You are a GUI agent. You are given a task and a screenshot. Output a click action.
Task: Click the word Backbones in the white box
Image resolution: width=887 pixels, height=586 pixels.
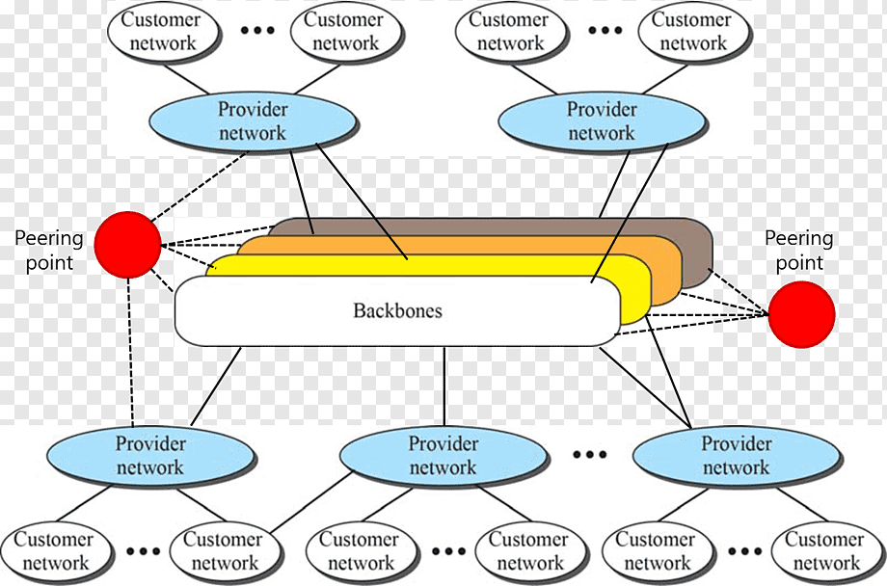click(x=397, y=310)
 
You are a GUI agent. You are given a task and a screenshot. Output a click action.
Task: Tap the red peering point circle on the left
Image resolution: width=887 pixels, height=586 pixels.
click(x=127, y=245)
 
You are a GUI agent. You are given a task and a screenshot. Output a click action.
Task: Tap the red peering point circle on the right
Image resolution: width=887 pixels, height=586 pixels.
click(x=801, y=314)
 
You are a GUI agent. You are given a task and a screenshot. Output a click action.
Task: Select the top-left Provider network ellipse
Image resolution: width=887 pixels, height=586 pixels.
click(x=253, y=121)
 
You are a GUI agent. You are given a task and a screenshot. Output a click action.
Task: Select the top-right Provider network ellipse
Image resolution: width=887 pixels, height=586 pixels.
click(x=602, y=121)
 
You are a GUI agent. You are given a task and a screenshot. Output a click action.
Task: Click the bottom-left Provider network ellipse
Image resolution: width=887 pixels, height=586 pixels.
click(x=150, y=456)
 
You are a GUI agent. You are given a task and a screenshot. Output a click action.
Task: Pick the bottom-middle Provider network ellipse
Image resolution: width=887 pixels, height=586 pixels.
click(x=443, y=456)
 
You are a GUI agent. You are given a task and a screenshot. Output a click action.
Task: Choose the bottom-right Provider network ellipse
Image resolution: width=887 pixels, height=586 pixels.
click(x=736, y=456)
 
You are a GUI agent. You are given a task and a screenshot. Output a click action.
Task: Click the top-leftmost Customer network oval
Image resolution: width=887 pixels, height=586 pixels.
click(x=162, y=32)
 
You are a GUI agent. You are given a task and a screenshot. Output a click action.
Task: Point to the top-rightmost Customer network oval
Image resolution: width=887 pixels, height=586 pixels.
click(x=692, y=32)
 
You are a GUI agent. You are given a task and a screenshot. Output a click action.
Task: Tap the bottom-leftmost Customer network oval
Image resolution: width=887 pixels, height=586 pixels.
click(x=55, y=551)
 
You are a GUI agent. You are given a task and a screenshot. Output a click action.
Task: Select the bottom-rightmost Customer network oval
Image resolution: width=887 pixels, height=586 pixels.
click(x=826, y=551)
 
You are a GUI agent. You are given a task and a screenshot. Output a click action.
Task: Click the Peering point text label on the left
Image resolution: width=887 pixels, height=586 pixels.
click(x=49, y=251)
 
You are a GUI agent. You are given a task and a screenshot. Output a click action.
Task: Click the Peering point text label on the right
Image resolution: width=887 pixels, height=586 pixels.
click(x=798, y=251)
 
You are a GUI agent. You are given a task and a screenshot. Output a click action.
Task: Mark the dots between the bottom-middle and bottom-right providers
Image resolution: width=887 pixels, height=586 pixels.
click(x=589, y=454)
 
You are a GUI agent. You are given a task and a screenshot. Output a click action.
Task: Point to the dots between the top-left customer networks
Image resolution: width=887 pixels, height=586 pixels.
click(x=257, y=30)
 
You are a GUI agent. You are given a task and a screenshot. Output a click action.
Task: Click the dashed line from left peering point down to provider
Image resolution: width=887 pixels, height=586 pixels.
click(x=130, y=352)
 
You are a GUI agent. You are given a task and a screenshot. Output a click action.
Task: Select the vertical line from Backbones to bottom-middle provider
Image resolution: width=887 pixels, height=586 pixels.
click(x=444, y=386)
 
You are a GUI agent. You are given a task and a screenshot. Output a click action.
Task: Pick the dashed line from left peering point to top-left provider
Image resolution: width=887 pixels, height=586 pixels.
click(x=200, y=186)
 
